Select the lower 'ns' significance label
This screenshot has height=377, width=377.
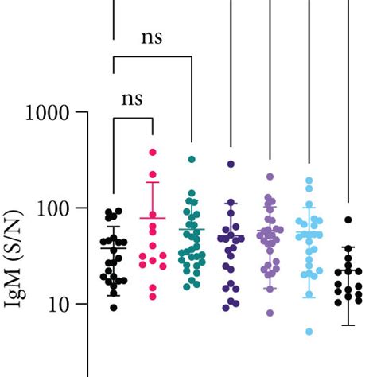click(x=131, y=99)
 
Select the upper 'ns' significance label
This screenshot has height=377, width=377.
click(x=152, y=37)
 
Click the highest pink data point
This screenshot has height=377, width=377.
click(x=152, y=152)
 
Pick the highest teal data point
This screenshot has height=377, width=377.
click(x=192, y=160)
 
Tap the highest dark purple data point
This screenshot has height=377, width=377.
click(x=231, y=164)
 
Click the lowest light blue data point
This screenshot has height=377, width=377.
click(x=309, y=332)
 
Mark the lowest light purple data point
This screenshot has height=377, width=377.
click(x=270, y=313)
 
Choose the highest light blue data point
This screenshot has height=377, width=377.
click(x=309, y=181)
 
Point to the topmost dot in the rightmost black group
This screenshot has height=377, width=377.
click(x=348, y=220)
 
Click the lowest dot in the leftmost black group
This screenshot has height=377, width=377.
click(x=114, y=307)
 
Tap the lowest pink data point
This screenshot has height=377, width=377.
click(x=152, y=297)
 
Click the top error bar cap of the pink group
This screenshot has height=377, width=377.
click(x=152, y=182)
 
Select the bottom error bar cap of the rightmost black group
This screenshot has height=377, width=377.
click(x=348, y=325)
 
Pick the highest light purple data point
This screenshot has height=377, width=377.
click(x=270, y=177)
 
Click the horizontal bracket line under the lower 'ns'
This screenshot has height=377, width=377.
click(x=133, y=119)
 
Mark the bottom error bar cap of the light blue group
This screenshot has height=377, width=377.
click(x=309, y=297)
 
